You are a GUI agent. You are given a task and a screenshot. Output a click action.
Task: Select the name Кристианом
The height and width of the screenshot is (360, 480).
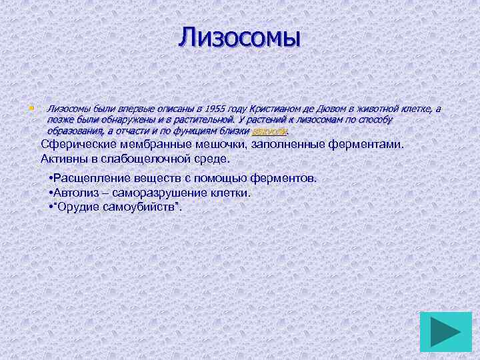[274, 109]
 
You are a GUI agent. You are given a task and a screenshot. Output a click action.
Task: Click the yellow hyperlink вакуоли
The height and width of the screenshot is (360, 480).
[269, 131]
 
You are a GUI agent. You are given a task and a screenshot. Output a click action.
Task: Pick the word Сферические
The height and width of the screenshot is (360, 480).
[75, 144]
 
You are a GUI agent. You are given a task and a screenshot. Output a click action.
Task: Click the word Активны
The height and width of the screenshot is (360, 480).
[63, 159]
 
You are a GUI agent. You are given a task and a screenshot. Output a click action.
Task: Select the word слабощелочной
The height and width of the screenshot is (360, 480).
[143, 159]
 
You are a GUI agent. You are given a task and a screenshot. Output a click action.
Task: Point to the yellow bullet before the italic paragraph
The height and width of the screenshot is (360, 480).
[31, 107]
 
